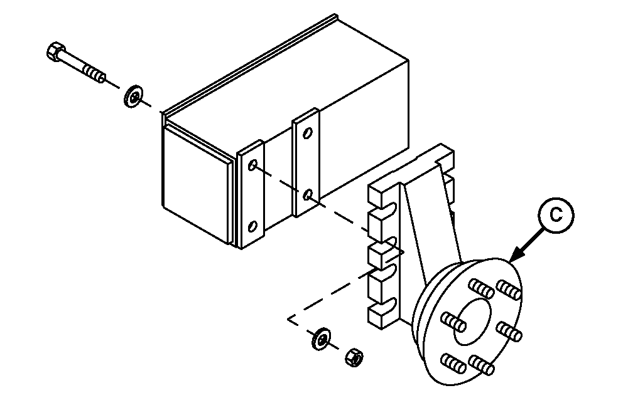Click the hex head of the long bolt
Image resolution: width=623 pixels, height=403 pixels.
click(55, 51)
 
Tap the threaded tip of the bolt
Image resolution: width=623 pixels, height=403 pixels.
click(95, 74)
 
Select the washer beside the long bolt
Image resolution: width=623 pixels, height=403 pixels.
click(134, 97)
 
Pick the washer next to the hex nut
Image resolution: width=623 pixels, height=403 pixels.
click(321, 339)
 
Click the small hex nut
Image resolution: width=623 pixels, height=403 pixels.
click(354, 357)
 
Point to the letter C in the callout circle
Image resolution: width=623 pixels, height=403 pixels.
click(556, 215)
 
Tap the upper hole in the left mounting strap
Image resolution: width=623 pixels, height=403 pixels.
click(252, 165)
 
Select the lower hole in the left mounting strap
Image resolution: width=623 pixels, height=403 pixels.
click(252, 226)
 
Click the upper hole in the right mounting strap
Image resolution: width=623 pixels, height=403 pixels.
click(308, 133)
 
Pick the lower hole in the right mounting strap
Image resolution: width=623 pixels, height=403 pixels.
click(308, 195)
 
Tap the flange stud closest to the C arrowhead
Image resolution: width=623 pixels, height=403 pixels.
click(509, 290)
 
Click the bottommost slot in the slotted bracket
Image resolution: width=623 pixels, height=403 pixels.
click(387, 305)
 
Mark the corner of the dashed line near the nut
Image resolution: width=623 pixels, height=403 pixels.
click(288, 318)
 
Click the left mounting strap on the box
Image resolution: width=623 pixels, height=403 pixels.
click(251, 194)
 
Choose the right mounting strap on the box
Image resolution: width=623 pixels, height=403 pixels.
click(306, 162)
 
